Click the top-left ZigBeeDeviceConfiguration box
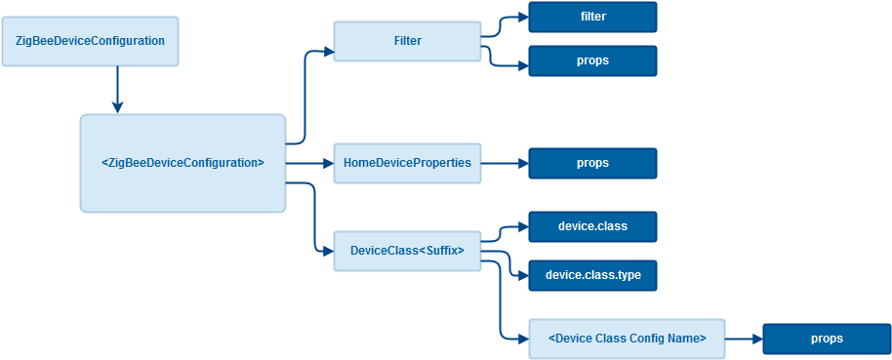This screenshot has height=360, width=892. [91, 41]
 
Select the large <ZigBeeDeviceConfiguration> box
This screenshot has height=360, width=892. [182, 163]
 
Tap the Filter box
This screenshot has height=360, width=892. [407, 41]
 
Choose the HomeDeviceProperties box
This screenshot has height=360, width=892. [407, 163]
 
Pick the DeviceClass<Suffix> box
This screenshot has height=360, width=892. [407, 251]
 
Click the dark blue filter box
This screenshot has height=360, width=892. [592, 17]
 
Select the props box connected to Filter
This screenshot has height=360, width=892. [592, 60]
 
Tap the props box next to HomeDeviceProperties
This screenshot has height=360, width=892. [592, 163]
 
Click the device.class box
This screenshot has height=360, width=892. [592, 226]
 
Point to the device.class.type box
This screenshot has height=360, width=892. [592, 275]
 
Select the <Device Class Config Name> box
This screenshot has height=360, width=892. [628, 339]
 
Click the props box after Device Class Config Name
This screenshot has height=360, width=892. [828, 339]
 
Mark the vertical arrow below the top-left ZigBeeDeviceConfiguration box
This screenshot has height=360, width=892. [117, 90]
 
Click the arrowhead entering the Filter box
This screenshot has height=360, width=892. [328, 52]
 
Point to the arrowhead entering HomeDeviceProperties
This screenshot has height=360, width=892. [328, 163]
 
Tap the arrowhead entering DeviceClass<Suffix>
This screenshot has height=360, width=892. [328, 251]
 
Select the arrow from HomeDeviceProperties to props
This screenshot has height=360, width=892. [506, 163]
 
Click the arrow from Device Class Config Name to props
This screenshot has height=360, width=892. [744, 339]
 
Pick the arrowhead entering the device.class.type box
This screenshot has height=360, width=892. [523, 275]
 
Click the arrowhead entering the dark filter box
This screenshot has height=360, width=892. [523, 17]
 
